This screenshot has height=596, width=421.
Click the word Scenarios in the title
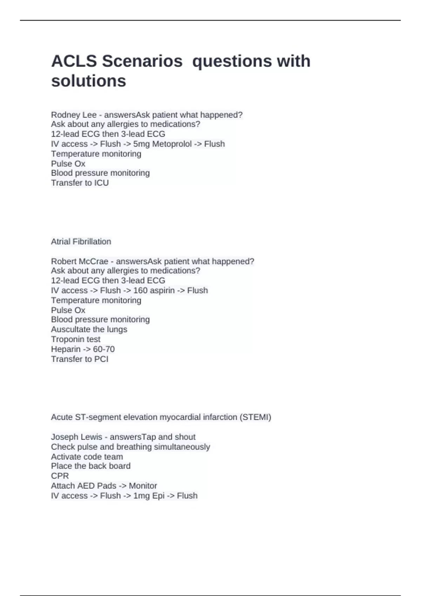pos(142,61)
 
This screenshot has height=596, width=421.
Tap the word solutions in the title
pos(88,81)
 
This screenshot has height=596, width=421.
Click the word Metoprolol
pos(172,144)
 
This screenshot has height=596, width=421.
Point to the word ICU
pos(101,183)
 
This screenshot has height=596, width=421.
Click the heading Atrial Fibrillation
pos(81,242)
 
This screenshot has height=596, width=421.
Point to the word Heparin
pos(66,349)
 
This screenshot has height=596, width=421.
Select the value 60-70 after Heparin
pos(104,349)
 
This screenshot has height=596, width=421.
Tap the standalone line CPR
pos(60,476)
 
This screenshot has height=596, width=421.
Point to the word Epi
pos(158,496)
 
